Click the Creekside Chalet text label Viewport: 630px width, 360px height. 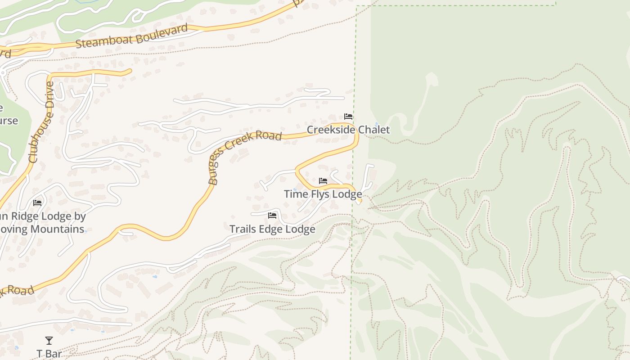coord(348,130)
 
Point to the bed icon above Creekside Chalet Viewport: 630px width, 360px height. coord(348,117)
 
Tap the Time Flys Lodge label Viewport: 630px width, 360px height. coord(323,194)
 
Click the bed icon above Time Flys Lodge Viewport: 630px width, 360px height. coord(323,181)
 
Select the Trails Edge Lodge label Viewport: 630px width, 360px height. coord(272,229)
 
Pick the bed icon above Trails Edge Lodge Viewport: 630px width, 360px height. coord(272,216)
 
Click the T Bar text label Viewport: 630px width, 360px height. coord(49,354)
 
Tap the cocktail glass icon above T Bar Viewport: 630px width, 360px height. coord(49,341)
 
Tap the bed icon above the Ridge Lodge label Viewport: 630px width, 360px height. coord(37,203)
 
